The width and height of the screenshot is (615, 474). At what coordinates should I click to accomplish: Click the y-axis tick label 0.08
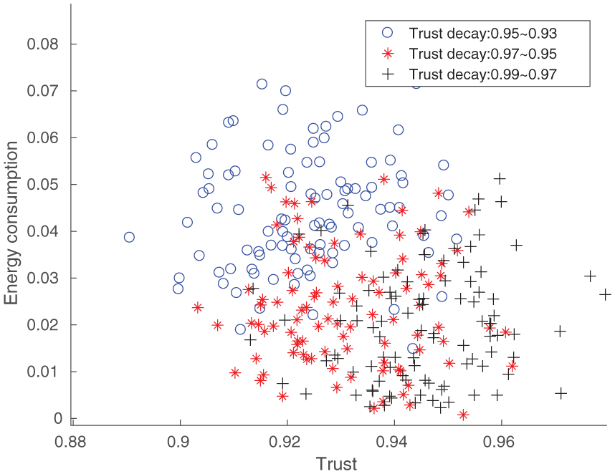[43, 44]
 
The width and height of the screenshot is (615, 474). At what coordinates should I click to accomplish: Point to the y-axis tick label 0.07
[43, 90]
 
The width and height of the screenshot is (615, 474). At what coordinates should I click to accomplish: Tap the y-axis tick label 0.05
[43, 184]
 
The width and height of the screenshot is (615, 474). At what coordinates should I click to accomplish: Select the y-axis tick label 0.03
[43, 278]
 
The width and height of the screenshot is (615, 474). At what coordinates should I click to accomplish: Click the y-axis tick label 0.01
[43, 372]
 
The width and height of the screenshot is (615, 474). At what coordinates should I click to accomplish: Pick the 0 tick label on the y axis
[58, 418]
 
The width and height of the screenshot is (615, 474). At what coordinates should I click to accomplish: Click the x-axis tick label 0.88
[70, 442]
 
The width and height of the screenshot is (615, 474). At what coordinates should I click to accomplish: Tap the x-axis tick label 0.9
[180, 442]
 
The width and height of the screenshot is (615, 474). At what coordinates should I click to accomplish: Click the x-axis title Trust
[336, 464]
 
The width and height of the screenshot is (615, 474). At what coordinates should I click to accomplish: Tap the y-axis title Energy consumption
[11, 223]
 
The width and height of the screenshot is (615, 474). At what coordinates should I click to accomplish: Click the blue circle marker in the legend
[388, 32]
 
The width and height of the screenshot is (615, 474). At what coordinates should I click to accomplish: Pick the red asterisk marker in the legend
[388, 53]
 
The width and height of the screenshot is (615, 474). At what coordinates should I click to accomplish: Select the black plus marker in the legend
[388, 74]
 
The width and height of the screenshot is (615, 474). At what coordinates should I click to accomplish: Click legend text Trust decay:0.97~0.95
[483, 54]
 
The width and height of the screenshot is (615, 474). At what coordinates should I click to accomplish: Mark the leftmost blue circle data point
[129, 237]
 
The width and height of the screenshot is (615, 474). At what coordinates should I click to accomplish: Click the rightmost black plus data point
[605, 294]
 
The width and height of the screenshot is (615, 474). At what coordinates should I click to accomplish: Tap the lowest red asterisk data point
[464, 415]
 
